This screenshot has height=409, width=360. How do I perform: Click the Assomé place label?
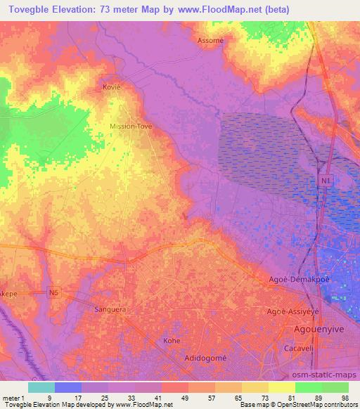coord(210,41)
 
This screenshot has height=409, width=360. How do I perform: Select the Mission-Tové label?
coord(131,126)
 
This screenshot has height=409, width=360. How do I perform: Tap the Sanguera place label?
coord(108,309)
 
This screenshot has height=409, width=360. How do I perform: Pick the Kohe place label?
coord(172,340)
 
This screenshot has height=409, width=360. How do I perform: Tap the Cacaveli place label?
coord(308,346)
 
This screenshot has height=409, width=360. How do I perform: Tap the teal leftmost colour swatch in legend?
coord(41,387)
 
